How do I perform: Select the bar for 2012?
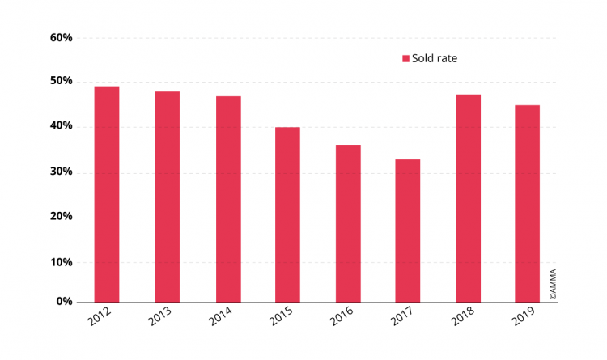coord(107,194)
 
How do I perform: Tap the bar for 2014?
coord(227,199)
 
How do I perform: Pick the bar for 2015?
coord(287,214)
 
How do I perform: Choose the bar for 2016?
coord(348,223)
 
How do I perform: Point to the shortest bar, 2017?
coord(408,231)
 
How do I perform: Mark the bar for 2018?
coord(468,198)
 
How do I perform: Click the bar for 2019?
coord(528,203)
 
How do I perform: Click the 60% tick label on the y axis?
coord(61,37)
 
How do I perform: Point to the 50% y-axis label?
coord(61,81)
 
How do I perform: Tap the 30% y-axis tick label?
coord(61,172)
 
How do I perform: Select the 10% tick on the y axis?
coord(61,262)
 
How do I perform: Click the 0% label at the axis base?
coord(64,302)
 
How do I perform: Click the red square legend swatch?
coord(406,58)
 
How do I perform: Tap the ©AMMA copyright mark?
coord(553,284)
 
